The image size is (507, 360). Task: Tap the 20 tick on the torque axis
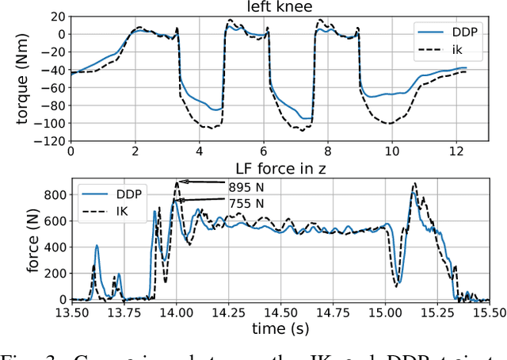pos(58,16)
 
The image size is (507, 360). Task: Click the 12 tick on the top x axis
pos(454,151)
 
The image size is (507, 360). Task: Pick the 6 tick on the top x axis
pos(262,151)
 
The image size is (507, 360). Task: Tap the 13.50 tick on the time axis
pos(72,312)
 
